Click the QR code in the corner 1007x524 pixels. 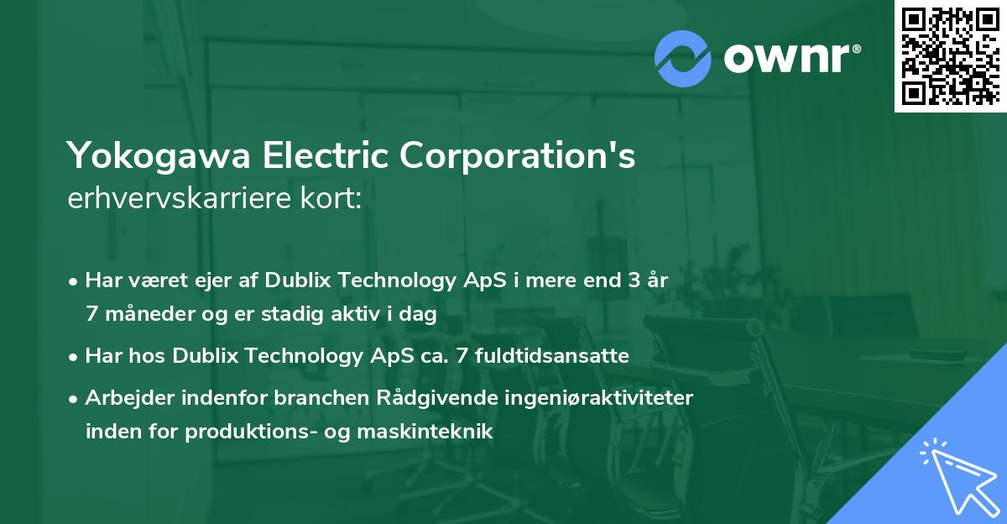click(x=949, y=55)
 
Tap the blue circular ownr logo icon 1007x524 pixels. click(x=683, y=59)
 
